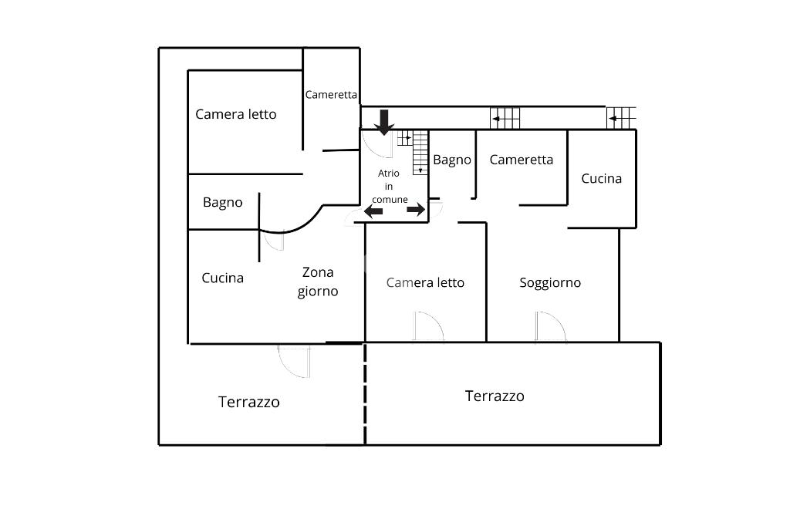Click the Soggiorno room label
click(550, 283)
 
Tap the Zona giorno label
click(318, 282)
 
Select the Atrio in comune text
click(393, 186)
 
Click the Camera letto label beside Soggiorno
click(425, 283)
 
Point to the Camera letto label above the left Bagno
click(235, 114)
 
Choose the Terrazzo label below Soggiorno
click(495, 396)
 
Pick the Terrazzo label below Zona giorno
click(248, 402)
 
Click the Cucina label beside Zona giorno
click(222, 278)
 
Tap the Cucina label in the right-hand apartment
click(601, 179)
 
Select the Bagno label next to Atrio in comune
click(451, 160)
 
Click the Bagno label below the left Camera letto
click(222, 203)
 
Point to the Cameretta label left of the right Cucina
click(522, 160)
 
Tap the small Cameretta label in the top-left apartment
click(331, 95)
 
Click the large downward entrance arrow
click(384, 122)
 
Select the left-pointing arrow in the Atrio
click(373, 211)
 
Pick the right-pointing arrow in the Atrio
click(416, 210)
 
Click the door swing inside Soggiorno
click(550, 327)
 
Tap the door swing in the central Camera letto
click(428, 326)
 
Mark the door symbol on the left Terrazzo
click(294, 360)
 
